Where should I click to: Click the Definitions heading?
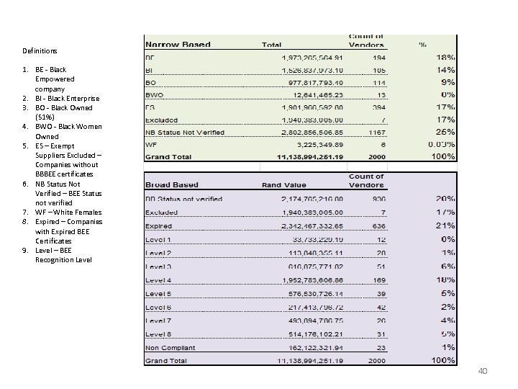(x=40, y=51)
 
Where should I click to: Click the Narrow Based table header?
(x=178, y=44)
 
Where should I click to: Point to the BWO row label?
(x=155, y=94)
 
